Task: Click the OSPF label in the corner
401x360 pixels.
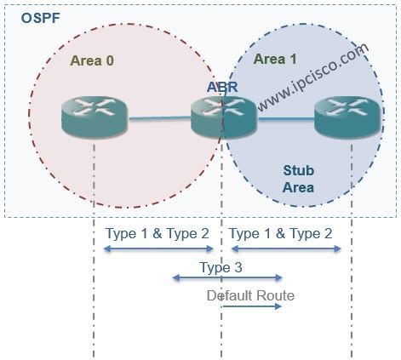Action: click(x=30, y=17)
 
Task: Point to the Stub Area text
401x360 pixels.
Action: click(x=299, y=179)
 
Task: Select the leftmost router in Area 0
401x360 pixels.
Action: click(x=94, y=117)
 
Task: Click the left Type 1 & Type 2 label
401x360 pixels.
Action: click(x=157, y=233)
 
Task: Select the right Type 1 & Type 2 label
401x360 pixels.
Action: click(x=281, y=233)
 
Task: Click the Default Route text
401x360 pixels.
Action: click(x=250, y=295)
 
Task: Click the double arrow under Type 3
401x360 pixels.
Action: click(x=226, y=277)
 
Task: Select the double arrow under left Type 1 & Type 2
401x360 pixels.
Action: click(x=158, y=249)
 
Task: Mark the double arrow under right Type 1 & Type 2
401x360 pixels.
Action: click(x=286, y=249)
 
